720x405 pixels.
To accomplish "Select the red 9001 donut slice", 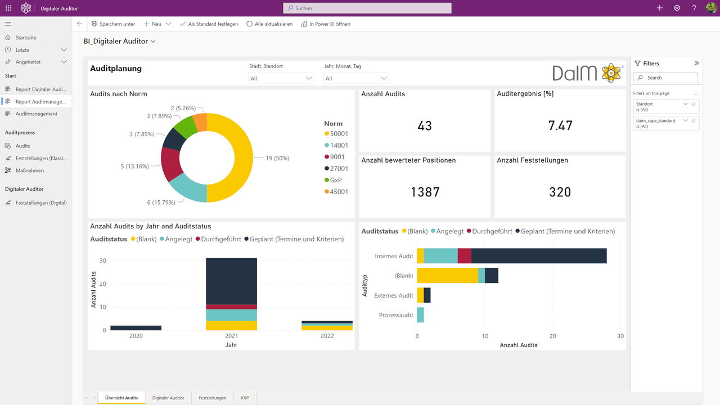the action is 170,163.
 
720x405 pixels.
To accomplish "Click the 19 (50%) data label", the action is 277,158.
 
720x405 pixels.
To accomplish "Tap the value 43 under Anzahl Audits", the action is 425,125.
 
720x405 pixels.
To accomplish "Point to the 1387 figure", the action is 425,192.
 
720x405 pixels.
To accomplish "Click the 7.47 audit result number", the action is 560,125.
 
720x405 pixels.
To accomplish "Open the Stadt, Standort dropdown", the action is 281,78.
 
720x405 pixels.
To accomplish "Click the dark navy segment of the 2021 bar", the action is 231,281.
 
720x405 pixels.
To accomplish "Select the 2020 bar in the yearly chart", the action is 136,328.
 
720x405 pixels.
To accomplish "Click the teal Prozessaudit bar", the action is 420,315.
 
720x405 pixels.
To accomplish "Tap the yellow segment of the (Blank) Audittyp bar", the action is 447,276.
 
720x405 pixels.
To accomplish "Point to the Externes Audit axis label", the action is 393,295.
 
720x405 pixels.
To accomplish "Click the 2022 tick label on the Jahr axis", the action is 327,336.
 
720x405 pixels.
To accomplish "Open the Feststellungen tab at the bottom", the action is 213,398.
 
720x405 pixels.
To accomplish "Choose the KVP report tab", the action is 245,398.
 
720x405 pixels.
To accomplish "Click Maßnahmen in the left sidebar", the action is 30,170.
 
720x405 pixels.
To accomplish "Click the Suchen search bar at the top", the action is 367,8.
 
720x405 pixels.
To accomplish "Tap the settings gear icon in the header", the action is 677,8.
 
